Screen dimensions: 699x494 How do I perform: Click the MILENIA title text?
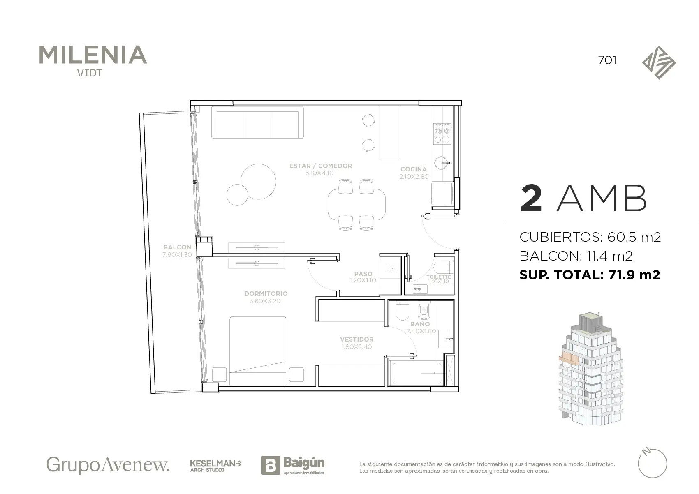[93, 55]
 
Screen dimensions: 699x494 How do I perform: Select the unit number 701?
[607, 60]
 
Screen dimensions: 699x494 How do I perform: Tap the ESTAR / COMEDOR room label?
[320, 166]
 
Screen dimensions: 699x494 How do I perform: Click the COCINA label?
[414, 169]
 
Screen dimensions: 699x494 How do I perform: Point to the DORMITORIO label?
[266, 293]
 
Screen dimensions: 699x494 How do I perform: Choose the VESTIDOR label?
[356, 339]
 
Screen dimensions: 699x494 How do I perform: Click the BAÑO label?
[420, 324]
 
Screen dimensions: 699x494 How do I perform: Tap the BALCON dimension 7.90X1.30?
[177, 255]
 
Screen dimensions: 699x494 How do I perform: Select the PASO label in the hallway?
[363, 274]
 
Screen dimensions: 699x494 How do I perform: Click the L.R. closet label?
[390, 268]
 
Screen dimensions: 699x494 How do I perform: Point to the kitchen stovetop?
[442, 134]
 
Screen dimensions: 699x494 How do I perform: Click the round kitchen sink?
[441, 163]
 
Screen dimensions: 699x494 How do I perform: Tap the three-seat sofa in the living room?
[257, 122]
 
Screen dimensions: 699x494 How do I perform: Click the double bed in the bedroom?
[258, 351]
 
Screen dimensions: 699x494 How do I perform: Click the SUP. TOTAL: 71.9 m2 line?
[590, 275]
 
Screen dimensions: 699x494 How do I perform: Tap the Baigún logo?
[293, 465]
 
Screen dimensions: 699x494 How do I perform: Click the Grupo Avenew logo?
[108, 465]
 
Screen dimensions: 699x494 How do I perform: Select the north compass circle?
[653, 464]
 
